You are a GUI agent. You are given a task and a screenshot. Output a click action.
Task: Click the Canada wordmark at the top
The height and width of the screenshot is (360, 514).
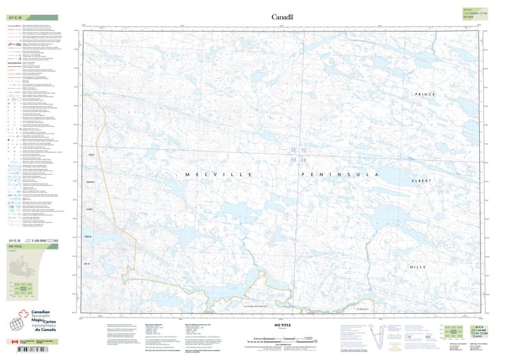click(x=282, y=17)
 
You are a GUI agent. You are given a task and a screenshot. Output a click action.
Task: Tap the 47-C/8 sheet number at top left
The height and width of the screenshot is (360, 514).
click(x=14, y=17)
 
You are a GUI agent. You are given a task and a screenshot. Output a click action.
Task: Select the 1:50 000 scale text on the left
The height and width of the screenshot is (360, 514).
click(x=40, y=240)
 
